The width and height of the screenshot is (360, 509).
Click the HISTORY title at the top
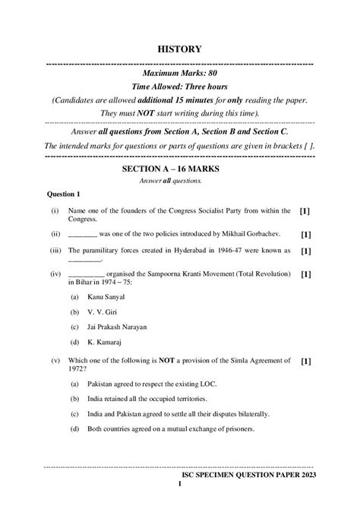tap(179, 49)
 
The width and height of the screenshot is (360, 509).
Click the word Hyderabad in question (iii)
tap(192, 250)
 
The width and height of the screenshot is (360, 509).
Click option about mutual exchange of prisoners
tap(170, 429)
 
